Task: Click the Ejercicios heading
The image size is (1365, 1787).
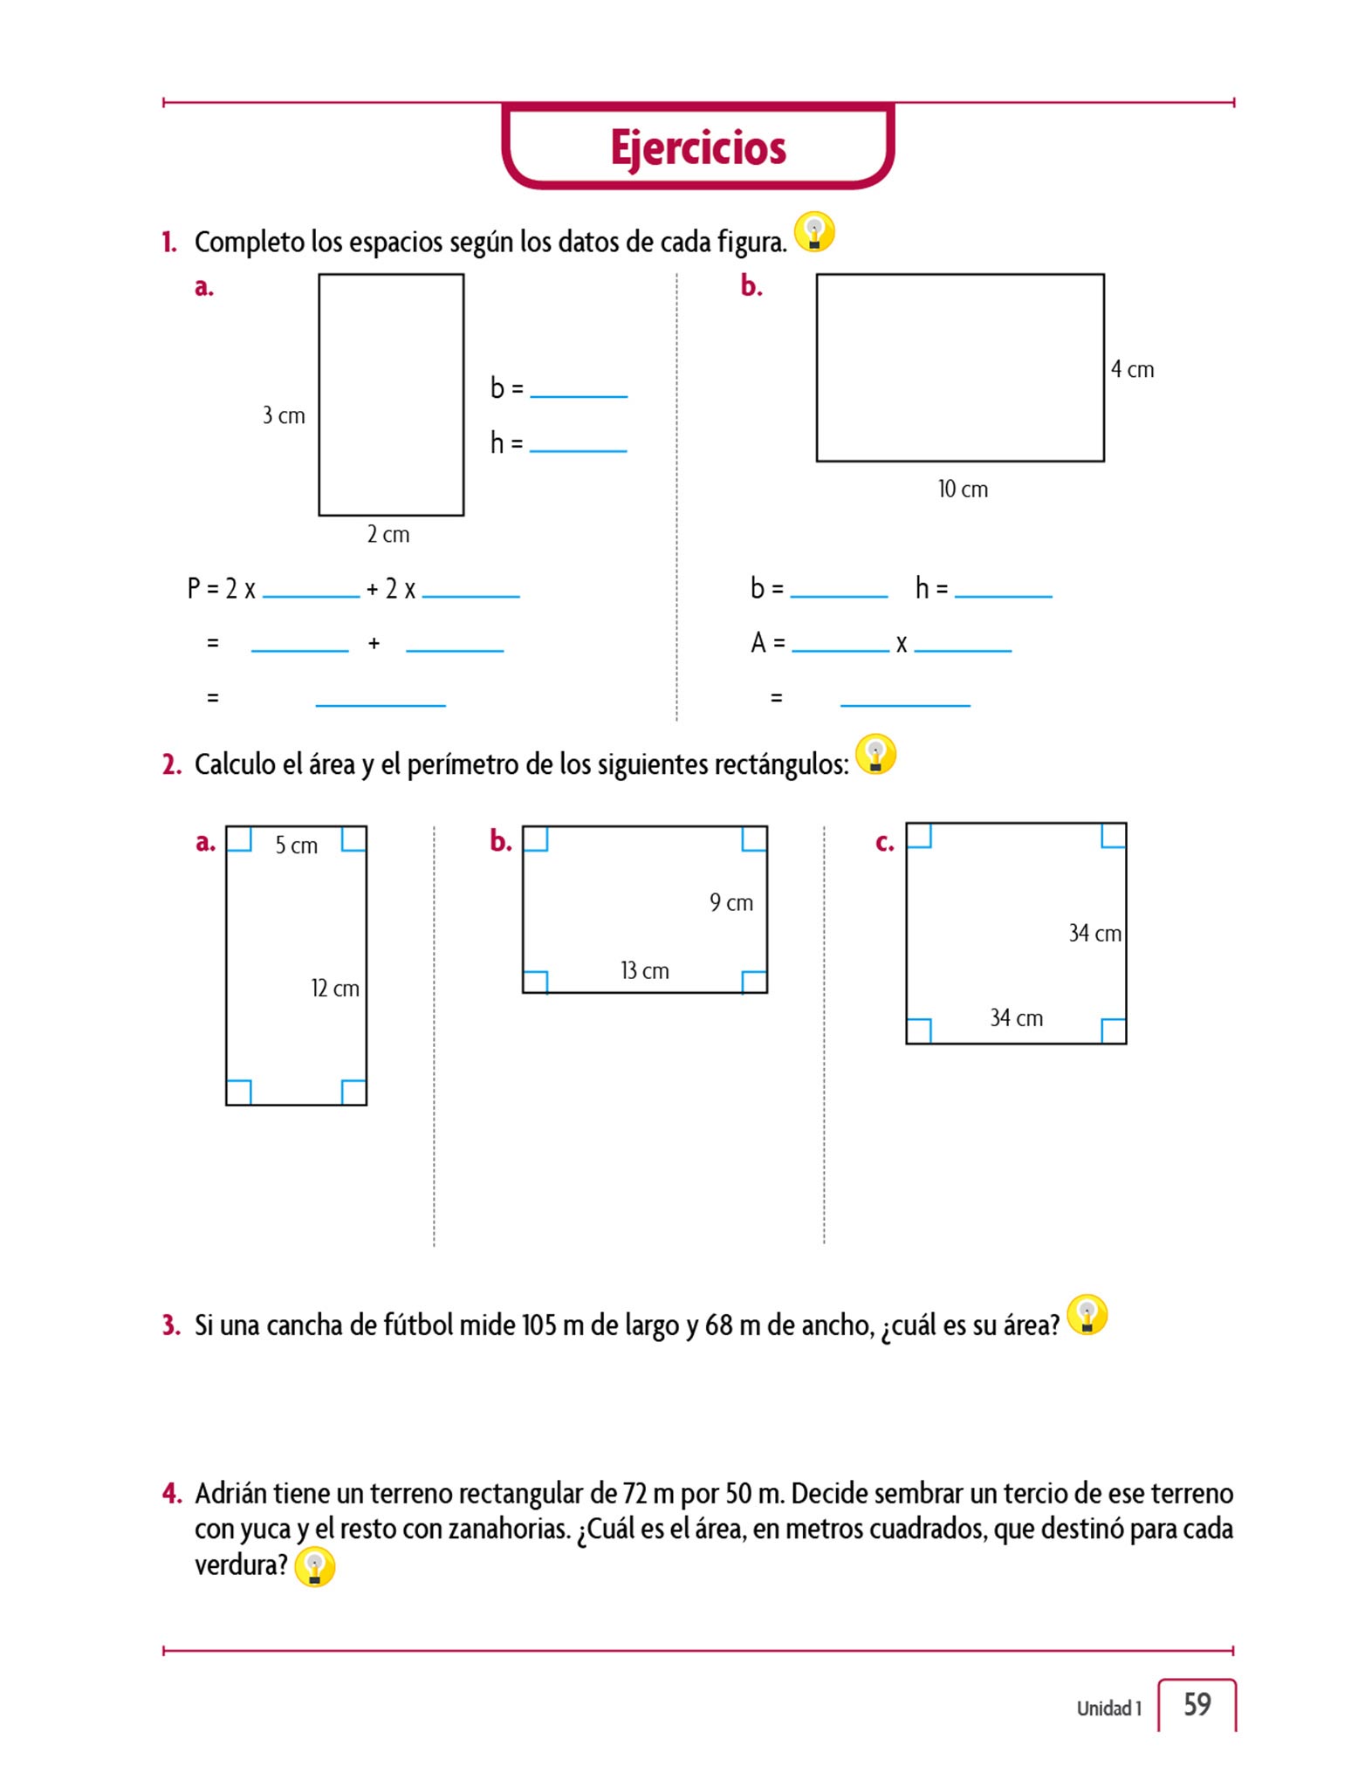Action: point(697,147)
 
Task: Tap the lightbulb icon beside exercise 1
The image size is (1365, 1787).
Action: point(814,232)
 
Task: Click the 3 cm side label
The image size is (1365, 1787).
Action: point(284,415)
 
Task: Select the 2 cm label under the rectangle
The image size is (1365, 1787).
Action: point(388,534)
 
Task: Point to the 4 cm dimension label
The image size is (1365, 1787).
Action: point(1132,369)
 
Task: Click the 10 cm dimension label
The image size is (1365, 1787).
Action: point(963,489)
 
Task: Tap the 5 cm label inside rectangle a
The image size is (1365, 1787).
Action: point(296,845)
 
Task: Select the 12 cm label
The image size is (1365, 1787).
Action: point(335,988)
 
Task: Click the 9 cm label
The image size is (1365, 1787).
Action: point(731,902)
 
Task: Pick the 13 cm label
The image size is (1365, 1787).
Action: point(644,970)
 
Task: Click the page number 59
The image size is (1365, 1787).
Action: point(1197,1704)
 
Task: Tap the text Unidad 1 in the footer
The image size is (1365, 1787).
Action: point(1108,1708)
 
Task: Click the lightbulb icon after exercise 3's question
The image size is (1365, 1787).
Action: point(1087,1314)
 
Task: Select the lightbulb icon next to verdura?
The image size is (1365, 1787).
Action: point(314,1566)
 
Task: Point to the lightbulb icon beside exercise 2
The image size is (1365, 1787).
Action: point(875,754)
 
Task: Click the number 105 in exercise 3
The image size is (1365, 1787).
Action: point(538,1325)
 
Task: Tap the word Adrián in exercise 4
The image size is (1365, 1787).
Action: point(230,1493)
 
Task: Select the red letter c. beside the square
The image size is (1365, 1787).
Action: point(884,843)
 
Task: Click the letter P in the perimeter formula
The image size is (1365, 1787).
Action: point(194,588)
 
